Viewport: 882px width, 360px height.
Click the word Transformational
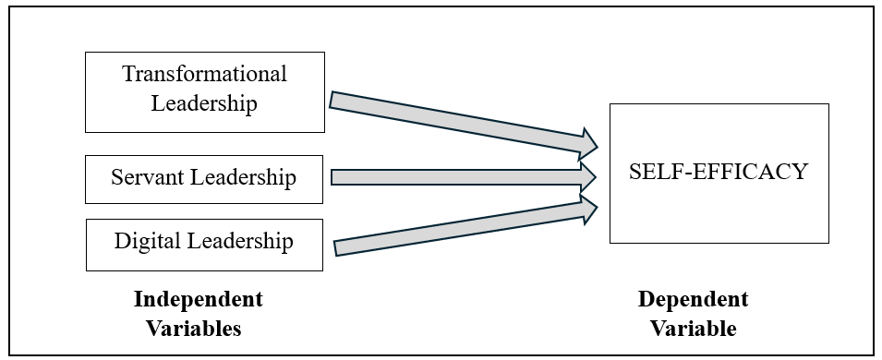coord(204,74)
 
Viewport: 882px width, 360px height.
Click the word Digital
coord(150,242)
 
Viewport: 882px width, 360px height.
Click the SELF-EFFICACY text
coord(719,172)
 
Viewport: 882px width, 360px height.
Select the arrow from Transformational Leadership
coord(453,120)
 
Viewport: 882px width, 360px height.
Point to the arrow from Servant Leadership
coord(453,176)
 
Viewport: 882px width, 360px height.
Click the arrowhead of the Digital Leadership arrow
coord(588,209)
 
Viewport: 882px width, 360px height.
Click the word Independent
coord(199,300)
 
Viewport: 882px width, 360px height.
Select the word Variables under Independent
coord(199,328)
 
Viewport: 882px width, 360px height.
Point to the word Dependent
coord(693,300)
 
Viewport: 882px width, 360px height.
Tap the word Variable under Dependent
coord(693,328)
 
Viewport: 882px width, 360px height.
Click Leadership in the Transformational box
coord(204,102)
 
